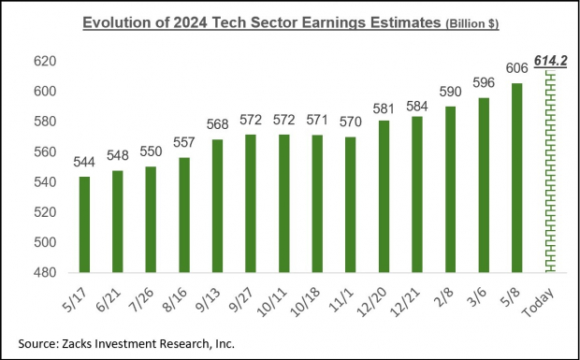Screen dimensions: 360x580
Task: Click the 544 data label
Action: [x=84, y=163]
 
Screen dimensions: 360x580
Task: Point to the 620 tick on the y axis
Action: [x=46, y=61]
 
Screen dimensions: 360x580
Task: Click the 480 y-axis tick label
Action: [x=46, y=272]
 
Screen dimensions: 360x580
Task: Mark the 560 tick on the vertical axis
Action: [x=46, y=151]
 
